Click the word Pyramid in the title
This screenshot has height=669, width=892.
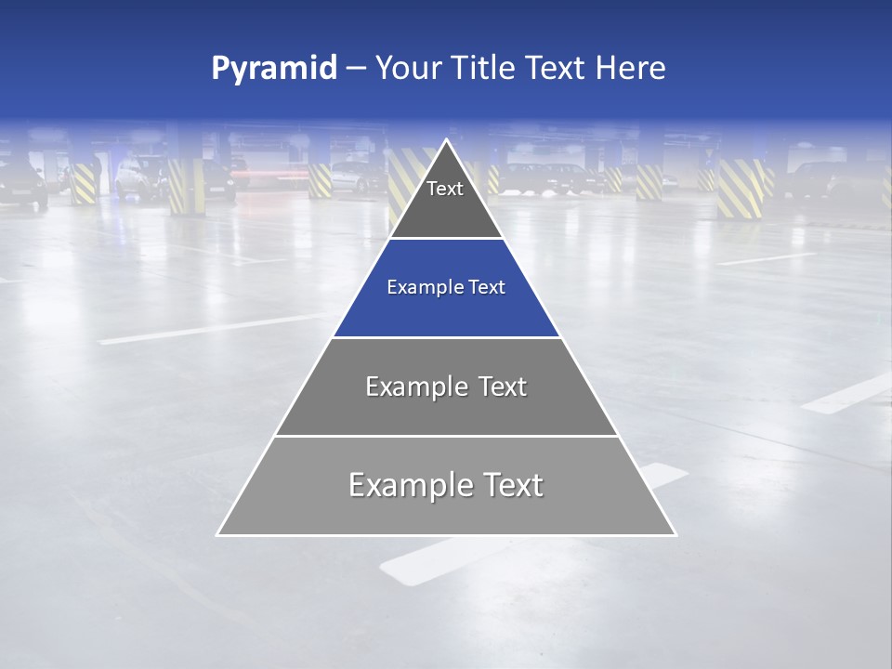click(x=273, y=69)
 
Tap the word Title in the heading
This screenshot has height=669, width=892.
click(x=485, y=69)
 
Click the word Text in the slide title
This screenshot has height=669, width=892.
click(x=556, y=69)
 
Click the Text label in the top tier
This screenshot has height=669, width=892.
click(x=445, y=190)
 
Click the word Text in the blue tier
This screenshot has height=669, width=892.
click(x=487, y=288)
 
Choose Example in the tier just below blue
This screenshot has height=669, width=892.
click(x=406, y=387)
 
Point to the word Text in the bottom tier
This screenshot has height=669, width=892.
click(x=512, y=485)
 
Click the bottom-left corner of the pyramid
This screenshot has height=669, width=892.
click(x=218, y=534)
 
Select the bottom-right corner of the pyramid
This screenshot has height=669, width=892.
click(x=675, y=534)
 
